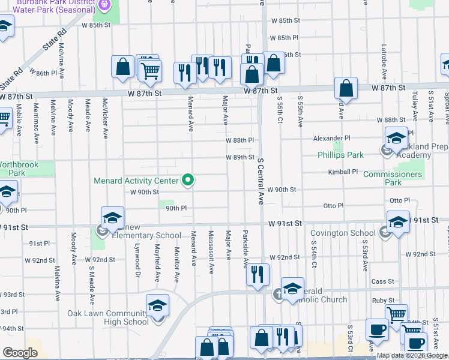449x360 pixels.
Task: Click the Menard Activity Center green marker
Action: pos(188,180)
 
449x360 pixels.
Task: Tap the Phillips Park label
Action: pos(340,155)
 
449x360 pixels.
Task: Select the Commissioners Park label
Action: pos(393,178)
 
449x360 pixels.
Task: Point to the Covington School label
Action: pos(343,233)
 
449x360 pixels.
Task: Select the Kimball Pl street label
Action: pos(343,172)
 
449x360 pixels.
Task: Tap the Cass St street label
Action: pos(382,281)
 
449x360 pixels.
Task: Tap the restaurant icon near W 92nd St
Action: pos(258,275)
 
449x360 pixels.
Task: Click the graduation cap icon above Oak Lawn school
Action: pos(157,306)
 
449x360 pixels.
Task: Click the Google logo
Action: pos(20,353)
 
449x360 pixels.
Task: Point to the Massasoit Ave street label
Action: pos(211,251)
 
